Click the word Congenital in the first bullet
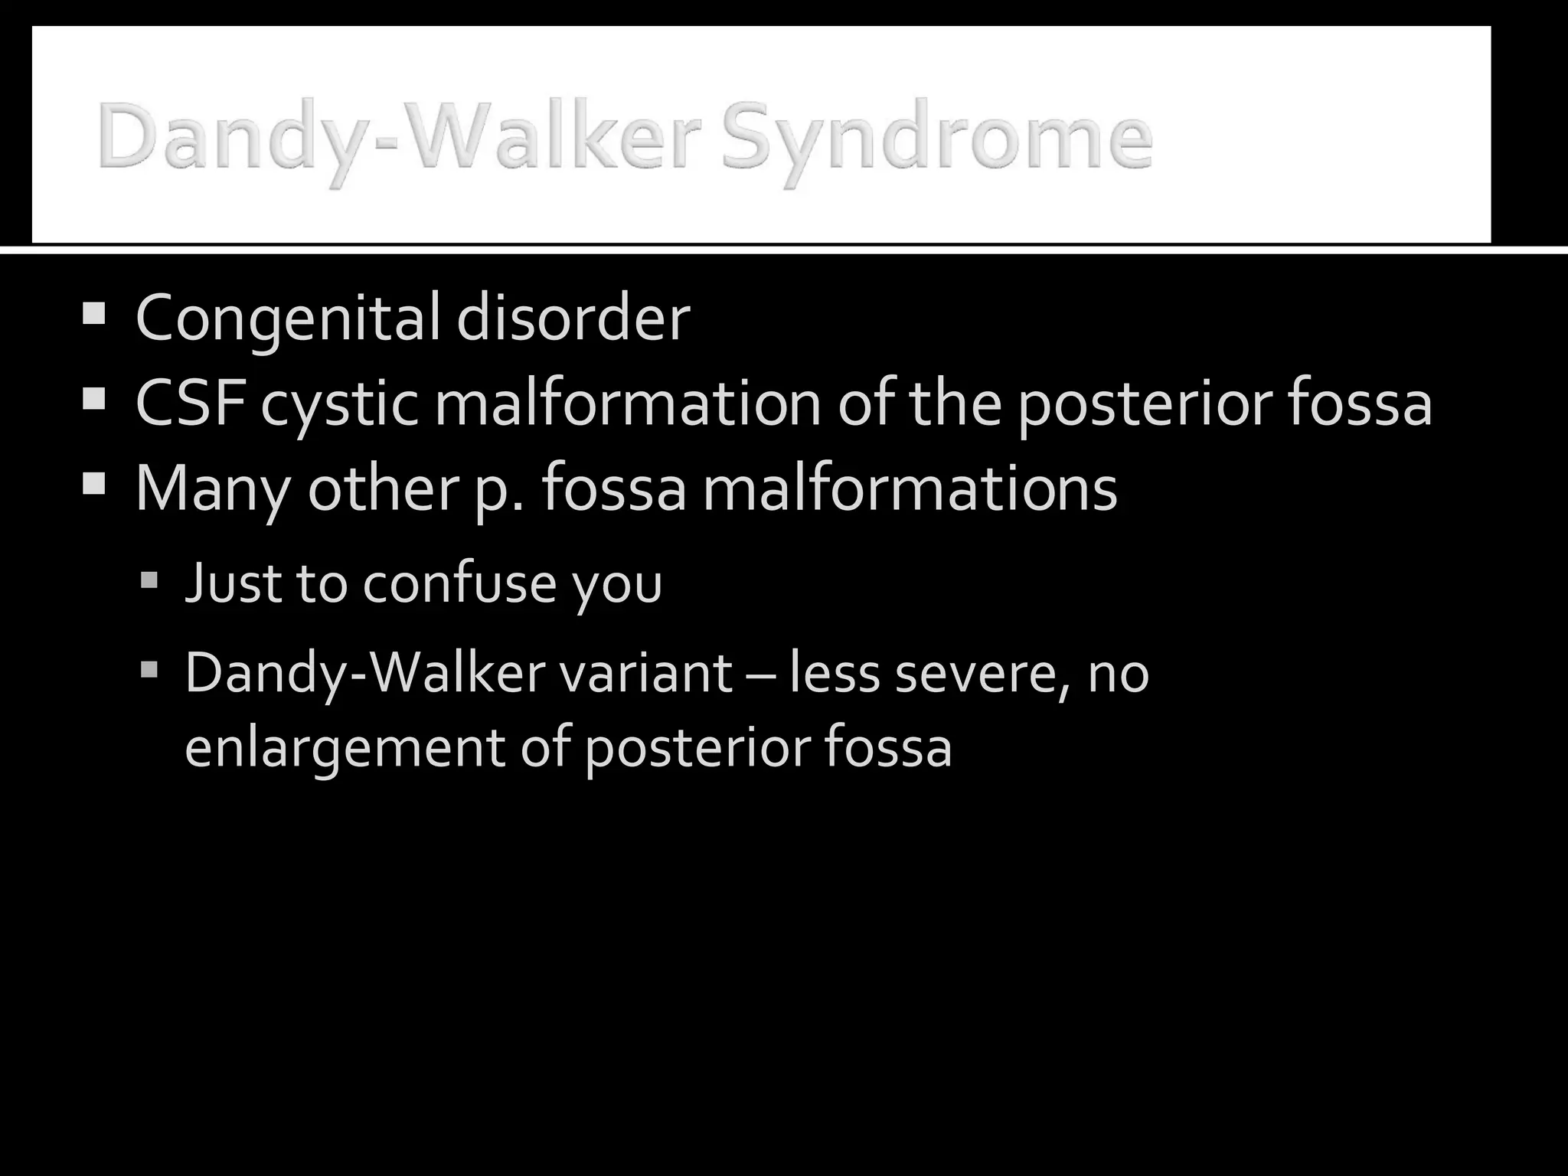point(287,318)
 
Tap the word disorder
point(573,318)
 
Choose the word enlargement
point(345,747)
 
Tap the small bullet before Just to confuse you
point(149,580)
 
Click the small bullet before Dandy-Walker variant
point(149,671)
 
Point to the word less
point(834,673)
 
